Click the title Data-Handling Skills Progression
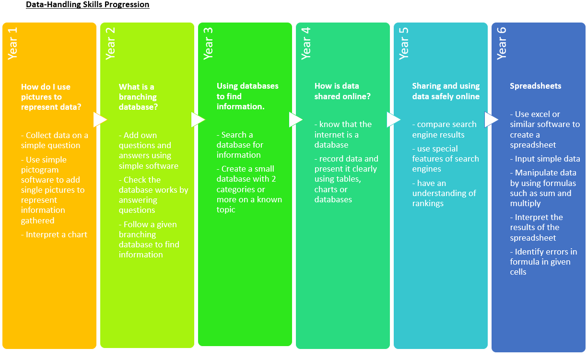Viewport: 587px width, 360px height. click(88, 4)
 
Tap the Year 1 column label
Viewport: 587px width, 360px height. click(12, 44)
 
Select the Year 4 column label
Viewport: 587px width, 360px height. click(306, 44)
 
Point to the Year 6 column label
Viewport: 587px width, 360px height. click(502, 44)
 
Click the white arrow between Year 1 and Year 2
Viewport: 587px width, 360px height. click(100, 120)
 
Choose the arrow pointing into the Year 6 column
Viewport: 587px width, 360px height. click(492, 120)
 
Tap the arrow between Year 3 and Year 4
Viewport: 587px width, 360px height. click(296, 120)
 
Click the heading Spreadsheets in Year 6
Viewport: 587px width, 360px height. click(535, 86)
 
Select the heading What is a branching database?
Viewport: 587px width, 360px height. click(138, 97)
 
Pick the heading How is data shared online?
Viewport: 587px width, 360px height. click(342, 91)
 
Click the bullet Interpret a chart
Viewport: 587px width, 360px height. click(54, 234)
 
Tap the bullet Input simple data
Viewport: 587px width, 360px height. click(545, 159)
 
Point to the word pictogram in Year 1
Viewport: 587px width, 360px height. click(40, 170)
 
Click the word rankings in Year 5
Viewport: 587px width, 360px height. click(428, 204)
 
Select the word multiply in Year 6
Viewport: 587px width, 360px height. click(525, 204)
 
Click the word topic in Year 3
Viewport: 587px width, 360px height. click(225, 210)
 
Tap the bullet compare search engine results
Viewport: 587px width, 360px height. click(444, 129)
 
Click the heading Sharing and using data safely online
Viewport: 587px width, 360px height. click(446, 91)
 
